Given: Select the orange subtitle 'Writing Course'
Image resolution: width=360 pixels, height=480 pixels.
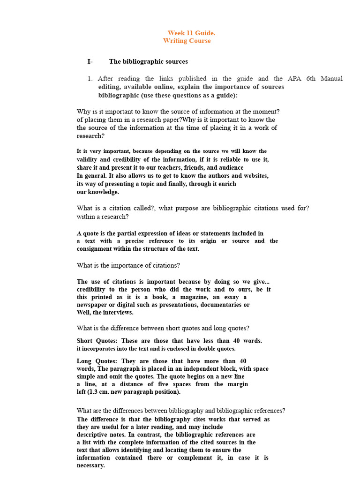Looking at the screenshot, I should click(187, 41).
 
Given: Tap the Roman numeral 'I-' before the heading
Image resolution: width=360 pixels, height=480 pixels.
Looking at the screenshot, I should click(90, 61).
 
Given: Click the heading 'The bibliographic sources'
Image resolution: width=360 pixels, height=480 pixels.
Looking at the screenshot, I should click(149, 61).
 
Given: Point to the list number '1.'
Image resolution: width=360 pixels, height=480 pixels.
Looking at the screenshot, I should click(91, 79).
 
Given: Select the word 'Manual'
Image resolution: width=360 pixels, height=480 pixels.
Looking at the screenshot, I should click(331, 79).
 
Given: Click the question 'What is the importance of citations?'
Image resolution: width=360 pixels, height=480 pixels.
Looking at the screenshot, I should click(128, 265).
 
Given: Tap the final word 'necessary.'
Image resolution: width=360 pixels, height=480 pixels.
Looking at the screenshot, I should click(91, 465).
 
